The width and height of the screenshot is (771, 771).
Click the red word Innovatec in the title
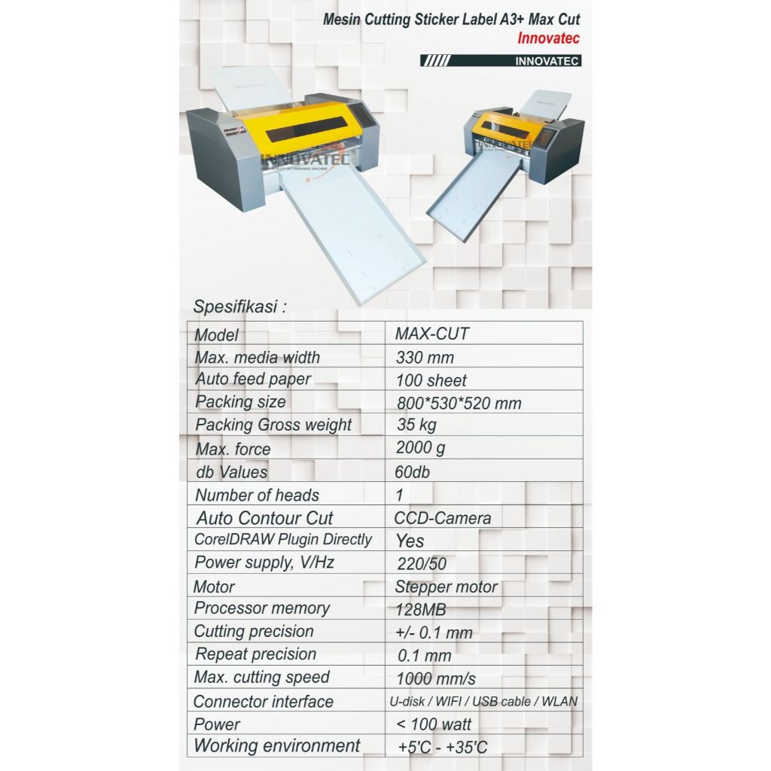coord(548,38)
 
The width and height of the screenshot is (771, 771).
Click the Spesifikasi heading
coord(240,307)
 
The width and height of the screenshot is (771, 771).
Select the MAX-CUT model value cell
coord(431,333)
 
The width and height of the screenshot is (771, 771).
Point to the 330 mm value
coord(425,357)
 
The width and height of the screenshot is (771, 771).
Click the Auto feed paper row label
coord(253,379)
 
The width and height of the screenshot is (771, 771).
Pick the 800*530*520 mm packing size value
coord(458,403)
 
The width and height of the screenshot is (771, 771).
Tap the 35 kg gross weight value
coord(416,425)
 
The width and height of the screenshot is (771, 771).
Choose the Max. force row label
coord(233,449)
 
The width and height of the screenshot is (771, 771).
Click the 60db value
coord(414,471)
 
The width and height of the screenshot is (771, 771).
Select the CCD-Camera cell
coord(442,518)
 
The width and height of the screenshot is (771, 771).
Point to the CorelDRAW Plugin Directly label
coord(283,539)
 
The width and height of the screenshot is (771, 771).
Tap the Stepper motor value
coord(446,587)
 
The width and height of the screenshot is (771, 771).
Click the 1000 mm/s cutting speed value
coord(435,678)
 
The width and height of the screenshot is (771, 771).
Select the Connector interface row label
coord(263,702)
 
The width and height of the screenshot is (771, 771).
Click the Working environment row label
coord(277,746)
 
